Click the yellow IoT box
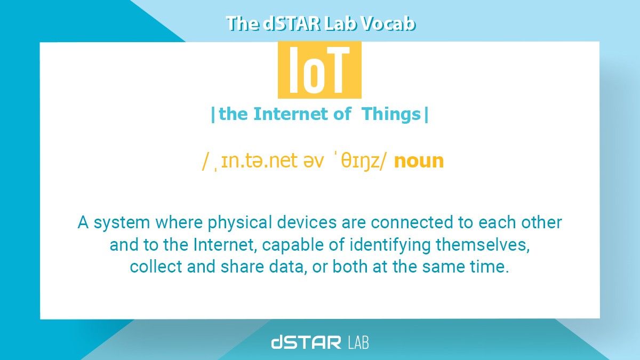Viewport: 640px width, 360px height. click(x=319, y=70)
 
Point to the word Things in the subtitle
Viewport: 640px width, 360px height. click(x=391, y=114)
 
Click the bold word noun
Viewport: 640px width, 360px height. click(x=419, y=161)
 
